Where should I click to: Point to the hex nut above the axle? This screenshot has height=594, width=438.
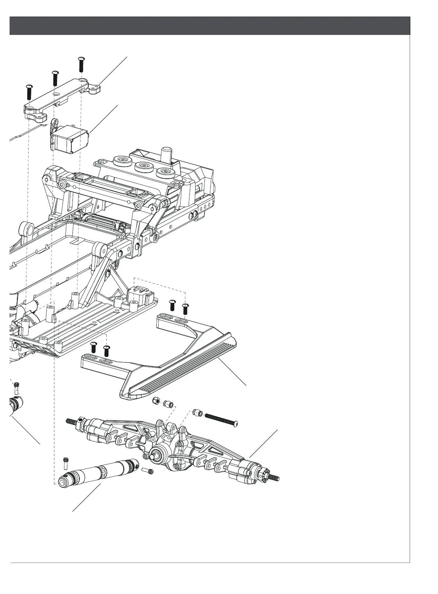[156, 400]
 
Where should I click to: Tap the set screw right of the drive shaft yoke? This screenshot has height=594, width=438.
[147, 471]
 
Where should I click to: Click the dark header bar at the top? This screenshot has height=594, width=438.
[210, 25]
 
